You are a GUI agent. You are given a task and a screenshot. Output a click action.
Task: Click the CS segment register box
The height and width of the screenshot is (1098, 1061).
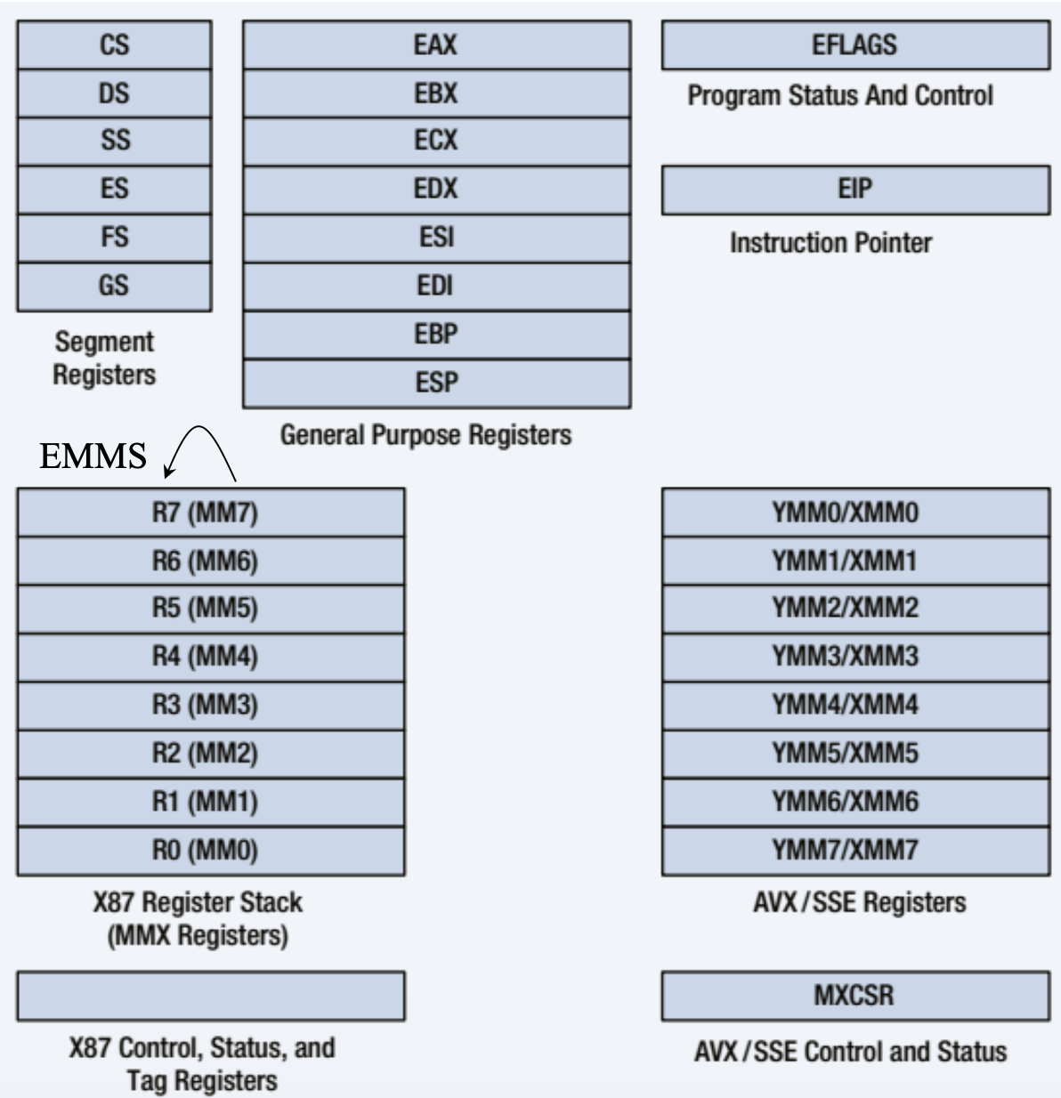point(114,44)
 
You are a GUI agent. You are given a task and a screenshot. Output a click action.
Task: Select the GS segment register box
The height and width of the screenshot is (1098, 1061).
point(114,286)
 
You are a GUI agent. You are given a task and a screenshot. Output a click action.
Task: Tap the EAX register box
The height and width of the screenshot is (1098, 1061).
point(436,44)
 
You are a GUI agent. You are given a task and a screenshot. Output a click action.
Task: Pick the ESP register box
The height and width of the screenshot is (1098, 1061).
point(436,383)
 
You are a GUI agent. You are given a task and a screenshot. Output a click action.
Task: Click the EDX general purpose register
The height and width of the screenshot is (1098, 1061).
point(436,189)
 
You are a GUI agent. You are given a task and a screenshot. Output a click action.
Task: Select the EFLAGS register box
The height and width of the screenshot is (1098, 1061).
point(854,44)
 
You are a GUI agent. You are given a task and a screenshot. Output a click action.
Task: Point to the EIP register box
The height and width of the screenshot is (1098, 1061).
point(854,189)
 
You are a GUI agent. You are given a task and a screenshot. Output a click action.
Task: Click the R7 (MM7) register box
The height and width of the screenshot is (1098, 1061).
point(210,513)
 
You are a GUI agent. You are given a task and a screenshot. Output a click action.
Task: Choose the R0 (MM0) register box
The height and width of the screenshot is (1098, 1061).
point(210,851)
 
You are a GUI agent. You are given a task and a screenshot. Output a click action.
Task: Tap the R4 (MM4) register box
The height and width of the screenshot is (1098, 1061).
point(210,657)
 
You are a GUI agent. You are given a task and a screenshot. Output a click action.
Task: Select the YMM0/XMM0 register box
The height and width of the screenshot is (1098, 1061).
point(854,513)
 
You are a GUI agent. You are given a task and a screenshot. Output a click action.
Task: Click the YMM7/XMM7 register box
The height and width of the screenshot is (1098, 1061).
point(854,851)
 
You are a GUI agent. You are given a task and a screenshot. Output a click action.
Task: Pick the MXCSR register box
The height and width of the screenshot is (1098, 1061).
point(854,995)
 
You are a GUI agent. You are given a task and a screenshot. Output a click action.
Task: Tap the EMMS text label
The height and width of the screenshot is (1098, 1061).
point(93,456)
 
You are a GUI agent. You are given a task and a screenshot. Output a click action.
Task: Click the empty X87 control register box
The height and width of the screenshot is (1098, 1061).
point(210,996)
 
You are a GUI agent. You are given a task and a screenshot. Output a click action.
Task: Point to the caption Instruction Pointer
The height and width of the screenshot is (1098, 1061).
point(830,243)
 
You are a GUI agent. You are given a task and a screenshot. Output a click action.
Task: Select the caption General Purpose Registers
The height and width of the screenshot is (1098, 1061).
point(425,435)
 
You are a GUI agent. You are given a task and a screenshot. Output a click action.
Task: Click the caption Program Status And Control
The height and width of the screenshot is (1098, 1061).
point(839,95)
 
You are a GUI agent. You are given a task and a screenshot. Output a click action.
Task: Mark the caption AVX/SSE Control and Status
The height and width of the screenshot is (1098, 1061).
point(850,1052)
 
